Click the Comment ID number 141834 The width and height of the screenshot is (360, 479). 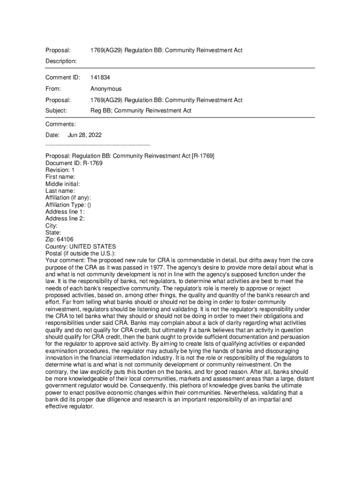tap(100, 77)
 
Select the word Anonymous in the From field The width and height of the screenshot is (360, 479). tap(106, 89)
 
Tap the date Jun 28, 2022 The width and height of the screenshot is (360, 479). tap(85, 135)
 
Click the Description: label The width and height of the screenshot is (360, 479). tap(61, 61)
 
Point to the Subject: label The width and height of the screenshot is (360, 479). tap(56, 111)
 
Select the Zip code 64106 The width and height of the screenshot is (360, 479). tap(65, 239)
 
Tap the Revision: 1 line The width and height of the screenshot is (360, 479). tap(60, 170)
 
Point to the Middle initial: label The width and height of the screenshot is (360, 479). tap(62, 184)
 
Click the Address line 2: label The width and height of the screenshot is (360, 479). tap(65, 218)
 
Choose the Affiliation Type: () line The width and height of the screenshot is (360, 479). tap(68, 205)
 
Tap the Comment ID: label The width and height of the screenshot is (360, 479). tap(63, 77)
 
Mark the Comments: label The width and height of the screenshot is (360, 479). tap(60, 124)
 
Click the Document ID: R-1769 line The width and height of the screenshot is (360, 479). tap(74, 163)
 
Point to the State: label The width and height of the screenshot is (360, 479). tap(53, 232)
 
